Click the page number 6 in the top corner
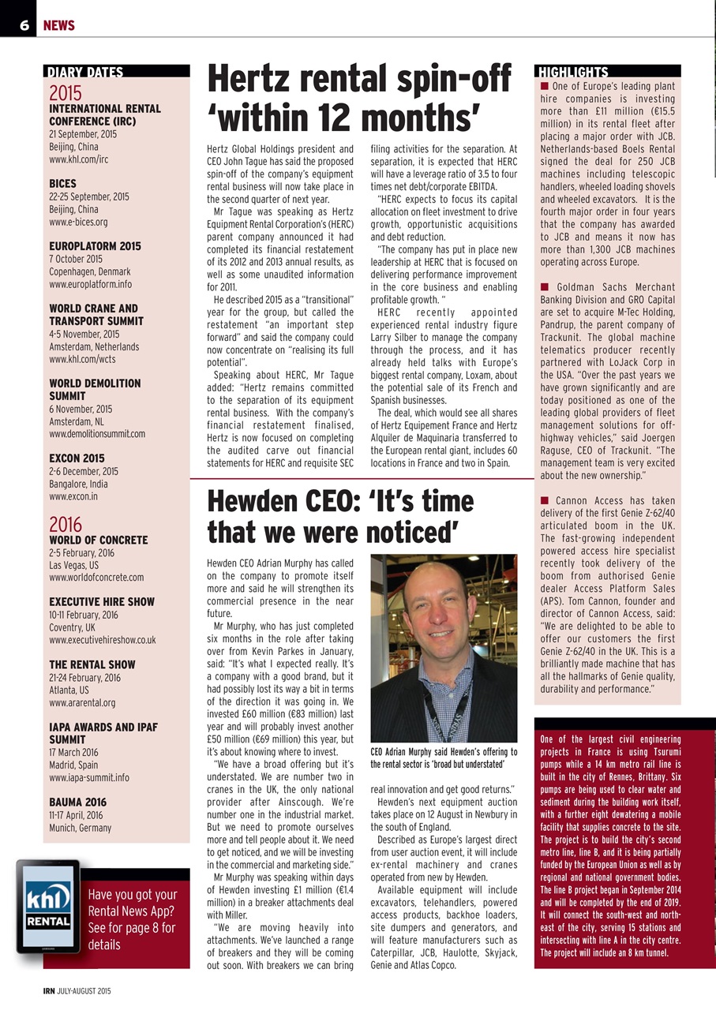24,25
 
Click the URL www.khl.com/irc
79,159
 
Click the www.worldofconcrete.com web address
96,578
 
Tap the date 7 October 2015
76,259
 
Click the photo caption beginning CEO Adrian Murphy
444,757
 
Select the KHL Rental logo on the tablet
47,903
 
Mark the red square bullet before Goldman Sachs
545,287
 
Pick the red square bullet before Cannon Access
545,500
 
